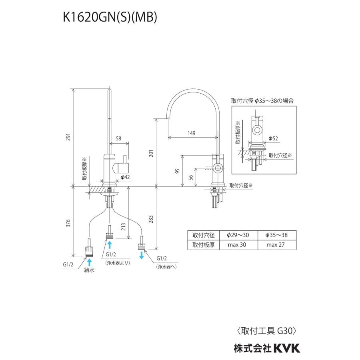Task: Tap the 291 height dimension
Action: [69, 137]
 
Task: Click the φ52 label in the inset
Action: [273, 138]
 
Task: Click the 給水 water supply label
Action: [89, 270]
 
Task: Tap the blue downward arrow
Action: [142, 255]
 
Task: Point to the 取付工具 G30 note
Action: [266, 331]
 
